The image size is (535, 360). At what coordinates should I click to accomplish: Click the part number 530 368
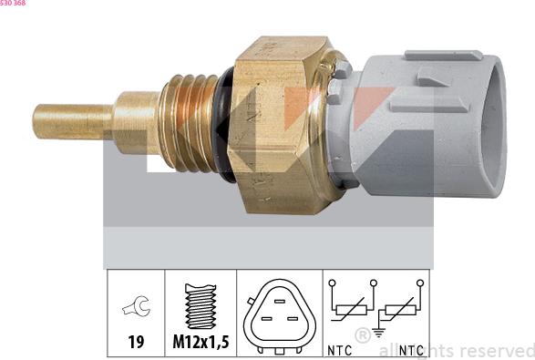point(14,4)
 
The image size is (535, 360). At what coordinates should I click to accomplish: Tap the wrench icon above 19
point(136,308)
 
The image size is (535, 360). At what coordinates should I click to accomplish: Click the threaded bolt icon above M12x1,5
point(201,306)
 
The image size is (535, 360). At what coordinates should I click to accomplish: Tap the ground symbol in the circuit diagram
point(378,333)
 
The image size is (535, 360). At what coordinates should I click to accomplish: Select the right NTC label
point(410,349)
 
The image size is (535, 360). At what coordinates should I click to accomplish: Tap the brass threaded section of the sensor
point(187,123)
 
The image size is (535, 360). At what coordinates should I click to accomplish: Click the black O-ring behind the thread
point(221,123)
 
